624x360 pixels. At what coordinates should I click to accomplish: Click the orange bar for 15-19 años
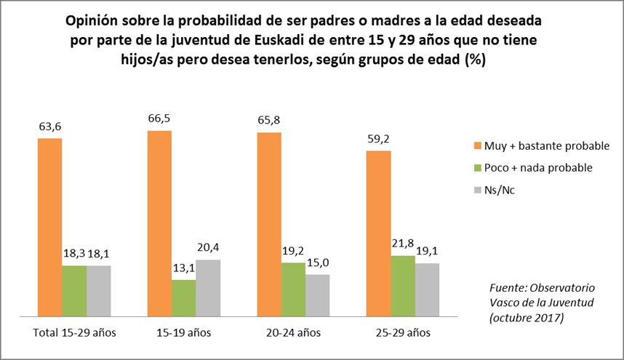[159, 223]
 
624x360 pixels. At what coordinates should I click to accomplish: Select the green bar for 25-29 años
[404, 286]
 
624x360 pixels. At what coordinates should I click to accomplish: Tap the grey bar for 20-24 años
[318, 295]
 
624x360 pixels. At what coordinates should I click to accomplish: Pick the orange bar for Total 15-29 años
[49, 227]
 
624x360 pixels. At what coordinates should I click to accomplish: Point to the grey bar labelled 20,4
[208, 288]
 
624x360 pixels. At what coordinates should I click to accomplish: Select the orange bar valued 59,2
[379, 233]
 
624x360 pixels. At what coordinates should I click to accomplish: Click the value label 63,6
[49, 127]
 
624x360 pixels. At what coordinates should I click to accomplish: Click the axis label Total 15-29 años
[75, 333]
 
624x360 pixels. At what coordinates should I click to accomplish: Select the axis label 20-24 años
[293, 333]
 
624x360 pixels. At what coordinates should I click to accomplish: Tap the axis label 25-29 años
[404, 333]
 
